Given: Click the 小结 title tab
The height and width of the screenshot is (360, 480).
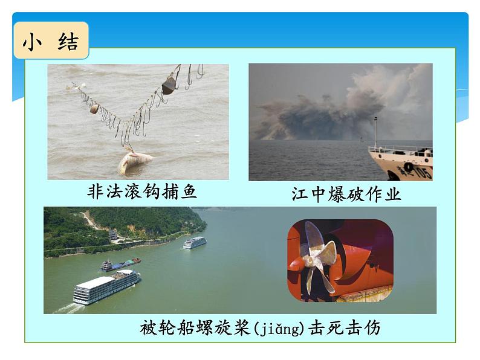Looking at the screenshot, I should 51,41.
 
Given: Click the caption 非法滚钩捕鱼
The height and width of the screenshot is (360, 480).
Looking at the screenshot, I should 142,192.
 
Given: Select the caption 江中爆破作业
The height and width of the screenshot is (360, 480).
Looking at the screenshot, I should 346,194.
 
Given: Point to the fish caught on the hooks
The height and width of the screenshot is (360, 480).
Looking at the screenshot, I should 135,162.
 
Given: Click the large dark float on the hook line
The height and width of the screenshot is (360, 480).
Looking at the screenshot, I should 169,86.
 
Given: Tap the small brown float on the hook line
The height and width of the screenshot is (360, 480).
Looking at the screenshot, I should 94,109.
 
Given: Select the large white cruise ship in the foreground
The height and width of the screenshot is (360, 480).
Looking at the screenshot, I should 106,288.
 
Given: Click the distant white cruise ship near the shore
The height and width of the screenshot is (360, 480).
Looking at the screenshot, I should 195,242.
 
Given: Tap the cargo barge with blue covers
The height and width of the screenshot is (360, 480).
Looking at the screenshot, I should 120,264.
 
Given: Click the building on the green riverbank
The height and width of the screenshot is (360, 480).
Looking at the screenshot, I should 113,234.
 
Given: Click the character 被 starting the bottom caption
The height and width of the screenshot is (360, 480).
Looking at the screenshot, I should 148,328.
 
